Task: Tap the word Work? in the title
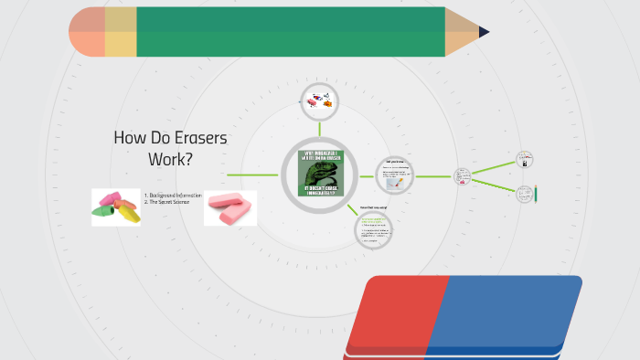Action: coord(171,159)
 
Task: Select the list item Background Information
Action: coord(175,196)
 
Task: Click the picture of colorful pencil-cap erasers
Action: coord(116,206)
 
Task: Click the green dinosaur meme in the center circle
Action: coord(319,174)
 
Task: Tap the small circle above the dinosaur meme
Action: coord(319,101)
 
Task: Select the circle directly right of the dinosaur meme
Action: coord(395,175)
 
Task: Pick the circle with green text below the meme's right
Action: coord(373,228)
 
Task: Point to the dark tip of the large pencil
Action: coord(484,32)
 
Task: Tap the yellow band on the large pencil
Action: coord(121,32)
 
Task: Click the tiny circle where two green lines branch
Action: coord(463,175)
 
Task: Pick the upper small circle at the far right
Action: coord(524,159)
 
